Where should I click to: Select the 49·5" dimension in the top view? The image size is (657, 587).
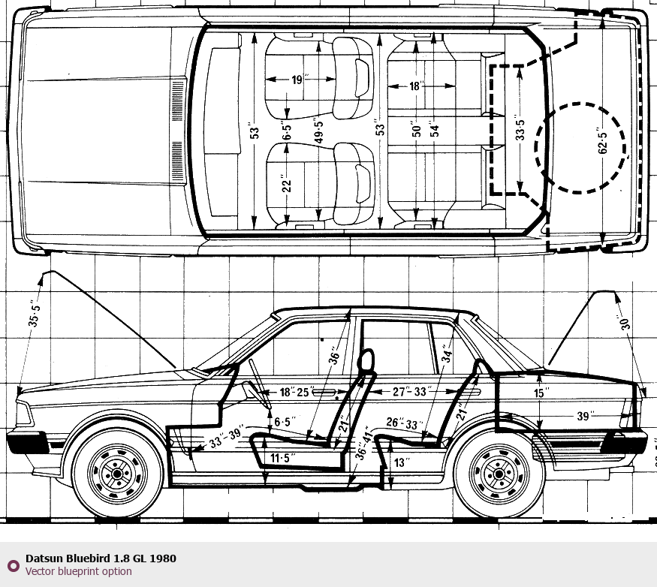[x=319, y=132]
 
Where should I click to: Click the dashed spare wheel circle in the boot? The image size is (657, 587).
[x=580, y=147]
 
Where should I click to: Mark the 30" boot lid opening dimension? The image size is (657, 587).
[x=622, y=323]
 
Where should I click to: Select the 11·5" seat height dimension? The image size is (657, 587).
[x=282, y=458]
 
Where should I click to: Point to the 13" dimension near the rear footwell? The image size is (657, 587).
[x=401, y=463]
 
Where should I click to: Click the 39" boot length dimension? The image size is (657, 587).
[x=586, y=415]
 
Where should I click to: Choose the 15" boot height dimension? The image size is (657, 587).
[x=541, y=392]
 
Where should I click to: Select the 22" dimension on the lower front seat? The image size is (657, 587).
[x=285, y=183]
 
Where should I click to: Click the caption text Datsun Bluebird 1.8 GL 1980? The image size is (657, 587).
[x=101, y=558]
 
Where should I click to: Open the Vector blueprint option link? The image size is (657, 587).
[x=78, y=572]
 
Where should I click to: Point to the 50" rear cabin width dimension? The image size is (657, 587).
[x=414, y=130]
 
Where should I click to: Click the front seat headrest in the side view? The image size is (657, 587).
[x=367, y=360]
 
